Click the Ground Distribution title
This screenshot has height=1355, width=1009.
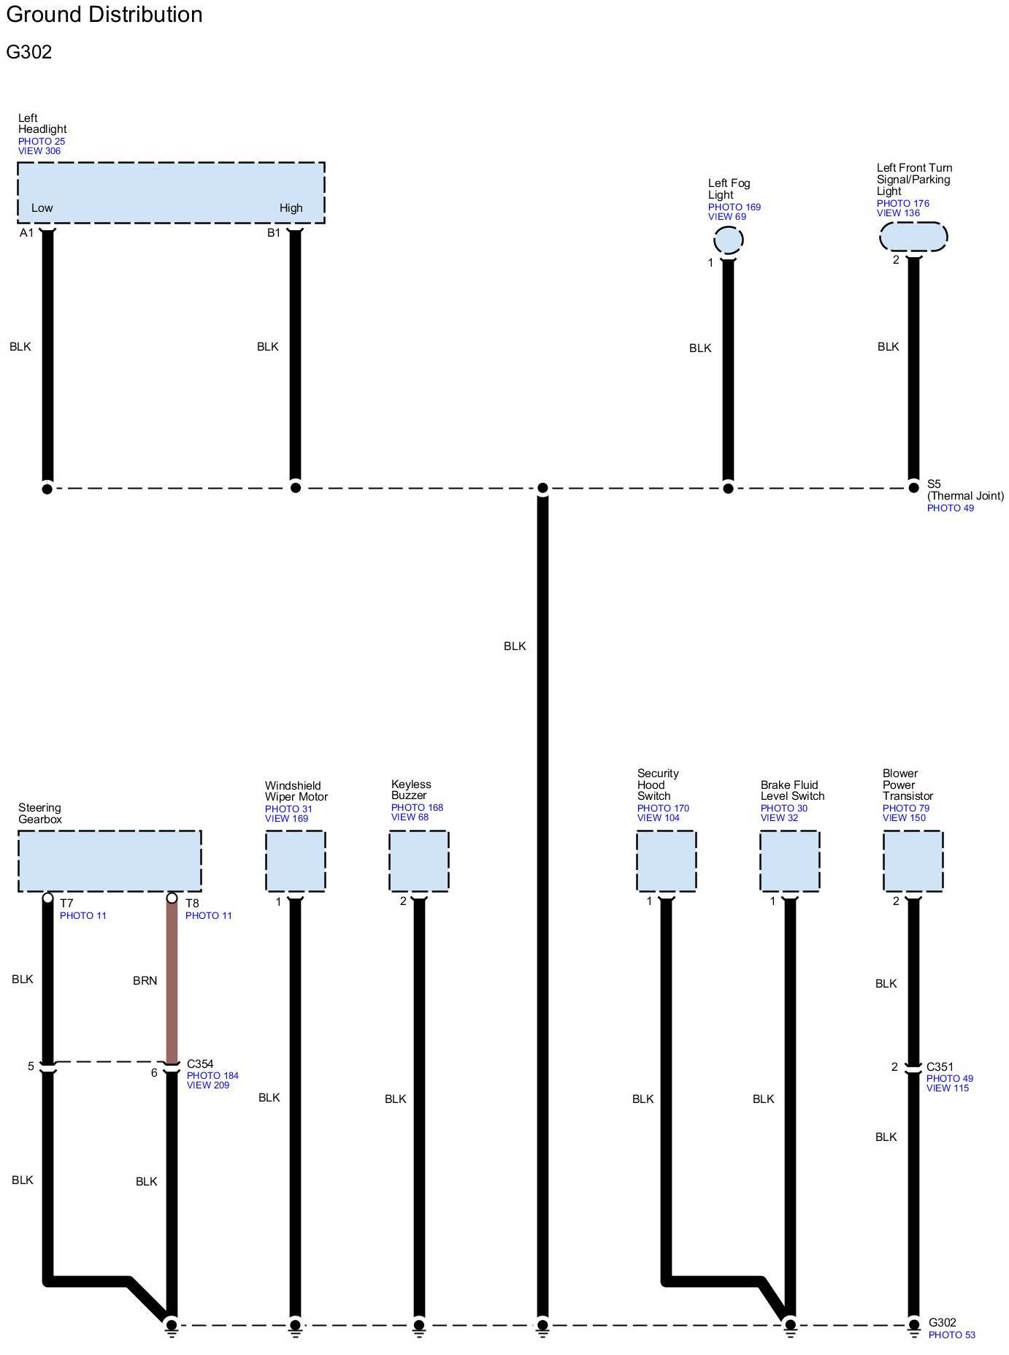click(x=104, y=15)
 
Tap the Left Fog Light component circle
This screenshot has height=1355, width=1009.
click(x=728, y=240)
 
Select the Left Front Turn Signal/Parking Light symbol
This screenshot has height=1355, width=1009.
click(x=913, y=236)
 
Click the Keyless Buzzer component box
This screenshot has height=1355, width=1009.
click(x=418, y=860)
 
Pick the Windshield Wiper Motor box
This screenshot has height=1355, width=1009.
click(x=295, y=860)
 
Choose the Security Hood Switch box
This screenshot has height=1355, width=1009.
click(x=666, y=860)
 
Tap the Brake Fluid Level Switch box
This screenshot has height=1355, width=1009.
click(x=789, y=860)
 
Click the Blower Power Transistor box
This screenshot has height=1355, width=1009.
click(x=913, y=860)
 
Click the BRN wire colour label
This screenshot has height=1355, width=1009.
click(x=145, y=981)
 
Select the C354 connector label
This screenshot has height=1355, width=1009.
click(x=200, y=1064)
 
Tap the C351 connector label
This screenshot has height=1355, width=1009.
click(x=940, y=1067)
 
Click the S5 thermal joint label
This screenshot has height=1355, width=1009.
click(x=934, y=484)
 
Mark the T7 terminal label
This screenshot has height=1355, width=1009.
click(x=66, y=904)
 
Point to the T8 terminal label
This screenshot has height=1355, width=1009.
click(x=192, y=904)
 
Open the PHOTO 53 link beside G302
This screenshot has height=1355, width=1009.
click(x=951, y=1335)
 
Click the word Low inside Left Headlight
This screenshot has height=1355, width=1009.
click(x=42, y=208)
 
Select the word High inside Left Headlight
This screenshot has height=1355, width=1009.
click(x=291, y=208)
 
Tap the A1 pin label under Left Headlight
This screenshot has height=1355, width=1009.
click(x=26, y=233)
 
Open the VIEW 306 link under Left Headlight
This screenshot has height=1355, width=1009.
click(x=39, y=151)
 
